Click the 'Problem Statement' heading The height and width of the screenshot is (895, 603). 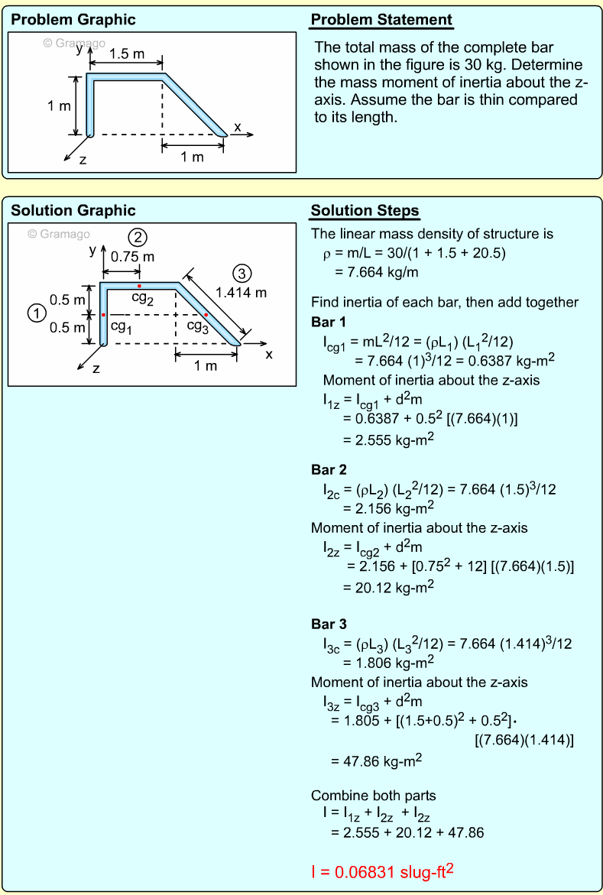point(381,21)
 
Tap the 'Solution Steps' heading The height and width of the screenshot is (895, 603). point(365,211)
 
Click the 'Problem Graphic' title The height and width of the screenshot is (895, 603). point(73,20)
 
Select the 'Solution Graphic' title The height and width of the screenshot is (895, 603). point(73,211)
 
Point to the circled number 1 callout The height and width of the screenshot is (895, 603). point(34,313)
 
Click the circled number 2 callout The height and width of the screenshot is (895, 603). point(138,237)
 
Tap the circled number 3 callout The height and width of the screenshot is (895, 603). point(242,274)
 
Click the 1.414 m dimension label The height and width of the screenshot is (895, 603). point(242,292)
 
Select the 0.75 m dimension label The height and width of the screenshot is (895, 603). point(132,257)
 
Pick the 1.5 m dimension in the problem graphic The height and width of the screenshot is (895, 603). point(127,54)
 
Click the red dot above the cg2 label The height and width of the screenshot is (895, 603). point(139,286)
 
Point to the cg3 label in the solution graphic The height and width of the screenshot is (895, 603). point(197,326)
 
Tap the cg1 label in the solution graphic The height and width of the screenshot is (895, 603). point(121,326)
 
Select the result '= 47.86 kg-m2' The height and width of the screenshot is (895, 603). point(376,760)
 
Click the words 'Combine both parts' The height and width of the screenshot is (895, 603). point(374,796)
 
